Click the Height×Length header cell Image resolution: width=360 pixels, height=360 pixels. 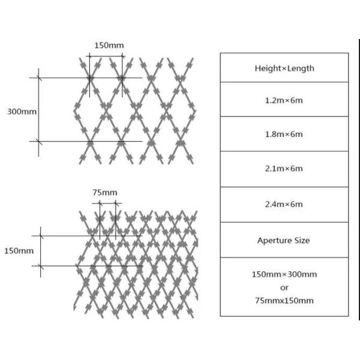pyautogui.click(x=284, y=68)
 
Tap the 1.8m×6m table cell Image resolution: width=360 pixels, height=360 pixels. pyautogui.click(x=284, y=134)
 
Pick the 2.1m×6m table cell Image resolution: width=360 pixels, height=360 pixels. pyautogui.click(x=284, y=169)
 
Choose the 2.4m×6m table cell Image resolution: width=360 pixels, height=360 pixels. pyautogui.click(x=284, y=205)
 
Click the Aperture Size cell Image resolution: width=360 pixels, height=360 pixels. pyautogui.click(x=284, y=240)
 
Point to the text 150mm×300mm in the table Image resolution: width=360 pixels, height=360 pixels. pyautogui.click(x=284, y=274)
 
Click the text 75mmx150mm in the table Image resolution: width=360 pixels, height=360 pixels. pyautogui.click(x=284, y=301)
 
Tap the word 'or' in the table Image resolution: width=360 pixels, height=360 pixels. pyautogui.click(x=284, y=287)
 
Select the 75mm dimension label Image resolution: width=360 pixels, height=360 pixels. pyautogui.click(x=105, y=192)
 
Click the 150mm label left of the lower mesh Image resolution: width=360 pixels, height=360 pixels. pyautogui.click(x=19, y=251)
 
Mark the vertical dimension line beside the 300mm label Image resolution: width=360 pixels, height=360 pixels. pyautogui.click(x=38, y=112)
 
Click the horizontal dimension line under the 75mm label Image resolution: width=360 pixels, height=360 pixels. pyautogui.click(x=107, y=203)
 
